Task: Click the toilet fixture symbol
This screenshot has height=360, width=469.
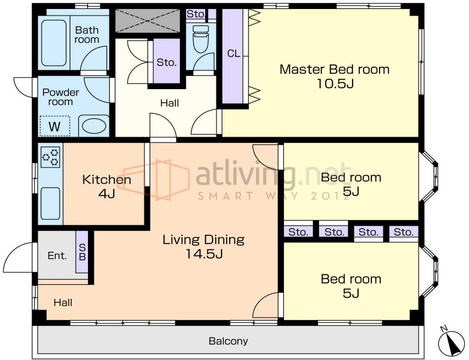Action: (201, 39)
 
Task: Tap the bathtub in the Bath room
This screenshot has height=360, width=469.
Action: (54, 43)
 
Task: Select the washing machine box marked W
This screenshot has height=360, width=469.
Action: (55, 126)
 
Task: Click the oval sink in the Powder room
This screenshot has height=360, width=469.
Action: (94, 126)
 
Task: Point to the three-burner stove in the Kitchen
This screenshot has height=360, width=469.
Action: (50, 157)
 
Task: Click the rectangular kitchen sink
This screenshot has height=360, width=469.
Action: (50, 203)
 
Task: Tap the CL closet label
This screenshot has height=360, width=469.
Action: (234, 54)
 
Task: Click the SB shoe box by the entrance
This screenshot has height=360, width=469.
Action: (82, 252)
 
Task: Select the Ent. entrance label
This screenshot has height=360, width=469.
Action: (57, 256)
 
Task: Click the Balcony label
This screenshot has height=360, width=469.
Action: (228, 341)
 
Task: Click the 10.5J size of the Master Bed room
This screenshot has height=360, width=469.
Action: (335, 83)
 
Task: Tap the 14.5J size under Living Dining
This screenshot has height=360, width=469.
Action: (204, 254)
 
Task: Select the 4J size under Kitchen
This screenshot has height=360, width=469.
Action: (106, 194)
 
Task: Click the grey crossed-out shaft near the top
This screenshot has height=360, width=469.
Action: (147, 20)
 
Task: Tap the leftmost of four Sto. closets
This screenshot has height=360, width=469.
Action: (298, 232)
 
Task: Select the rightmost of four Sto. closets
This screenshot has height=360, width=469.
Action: (404, 232)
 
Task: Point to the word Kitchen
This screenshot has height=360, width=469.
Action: (106, 180)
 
